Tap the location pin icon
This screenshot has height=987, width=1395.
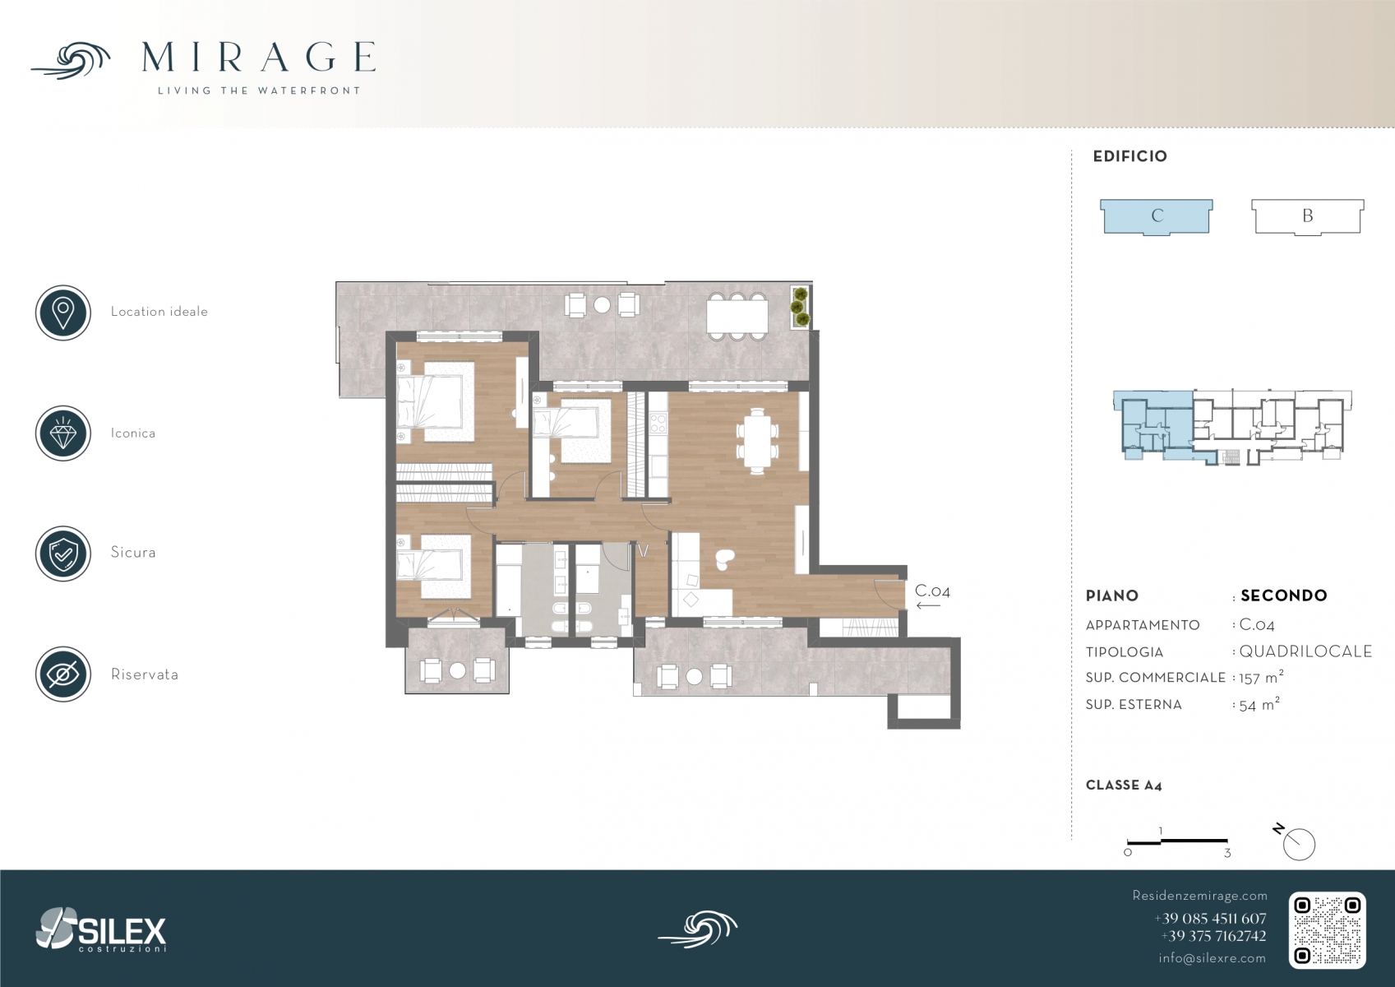pyautogui.click(x=63, y=313)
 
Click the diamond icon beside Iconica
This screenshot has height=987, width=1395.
pyautogui.click(x=63, y=433)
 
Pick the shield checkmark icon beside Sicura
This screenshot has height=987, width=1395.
pyautogui.click(x=63, y=554)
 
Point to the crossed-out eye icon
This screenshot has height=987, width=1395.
pyautogui.click(x=63, y=674)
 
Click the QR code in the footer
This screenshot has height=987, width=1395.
pyautogui.click(x=1327, y=930)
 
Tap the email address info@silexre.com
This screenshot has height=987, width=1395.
pyautogui.click(x=1212, y=958)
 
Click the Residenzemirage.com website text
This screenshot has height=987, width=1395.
pyautogui.click(x=1199, y=896)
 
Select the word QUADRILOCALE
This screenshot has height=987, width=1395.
pyautogui.click(x=1305, y=651)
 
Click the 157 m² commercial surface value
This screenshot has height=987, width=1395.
pyautogui.click(x=1261, y=677)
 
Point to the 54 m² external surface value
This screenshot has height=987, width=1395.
pyautogui.click(x=1259, y=704)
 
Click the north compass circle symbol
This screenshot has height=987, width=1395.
pyautogui.click(x=1299, y=845)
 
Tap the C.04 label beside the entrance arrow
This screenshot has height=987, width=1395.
pyautogui.click(x=932, y=591)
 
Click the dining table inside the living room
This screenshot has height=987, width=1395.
pyautogui.click(x=757, y=441)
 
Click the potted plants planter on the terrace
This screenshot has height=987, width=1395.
pyautogui.click(x=801, y=307)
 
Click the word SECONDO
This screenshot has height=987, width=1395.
pyautogui.click(x=1283, y=595)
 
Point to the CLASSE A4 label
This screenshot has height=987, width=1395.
pyautogui.click(x=1124, y=785)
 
